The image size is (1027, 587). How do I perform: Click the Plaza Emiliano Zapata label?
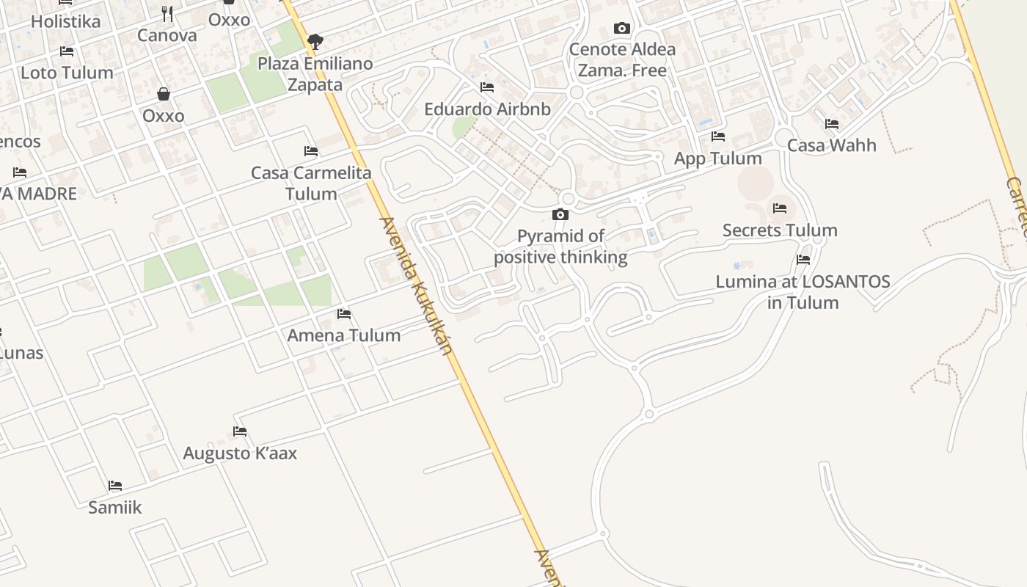pyautogui.click(x=315, y=74)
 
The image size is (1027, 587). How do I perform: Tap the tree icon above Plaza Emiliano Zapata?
pyautogui.click(x=315, y=41)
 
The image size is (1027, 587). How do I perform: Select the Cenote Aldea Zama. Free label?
pyautogui.click(x=622, y=60)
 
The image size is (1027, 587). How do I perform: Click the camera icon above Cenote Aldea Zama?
pyautogui.click(x=622, y=29)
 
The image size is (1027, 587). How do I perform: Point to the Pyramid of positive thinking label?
pyautogui.click(x=560, y=247)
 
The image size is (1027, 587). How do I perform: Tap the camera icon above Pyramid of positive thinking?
pyautogui.click(x=560, y=214)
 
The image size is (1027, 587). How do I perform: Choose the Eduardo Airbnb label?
pyautogui.click(x=487, y=109)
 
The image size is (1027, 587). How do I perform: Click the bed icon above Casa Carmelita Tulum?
pyautogui.click(x=311, y=151)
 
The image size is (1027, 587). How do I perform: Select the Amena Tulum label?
pyautogui.click(x=343, y=335)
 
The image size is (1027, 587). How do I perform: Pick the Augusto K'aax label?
pyautogui.click(x=240, y=453)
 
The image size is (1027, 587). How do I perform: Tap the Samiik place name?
pyautogui.click(x=114, y=507)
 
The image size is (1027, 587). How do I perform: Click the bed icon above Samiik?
pyautogui.click(x=115, y=486)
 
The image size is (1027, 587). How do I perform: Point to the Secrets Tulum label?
pyautogui.click(x=780, y=230)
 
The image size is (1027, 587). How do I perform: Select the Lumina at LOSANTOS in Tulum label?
pyautogui.click(x=803, y=292)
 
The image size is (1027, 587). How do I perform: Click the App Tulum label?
pyautogui.click(x=717, y=158)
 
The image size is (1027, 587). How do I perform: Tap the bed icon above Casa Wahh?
pyautogui.click(x=832, y=124)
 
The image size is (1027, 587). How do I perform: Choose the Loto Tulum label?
pyautogui.click(x=67, y=73)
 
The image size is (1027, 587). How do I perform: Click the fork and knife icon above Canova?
pyautogui.click(x=167, y=14)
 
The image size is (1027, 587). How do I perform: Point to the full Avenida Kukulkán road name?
pyautogui.click(x=416, y=285)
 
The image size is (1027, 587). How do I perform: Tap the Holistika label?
pyautogui.click(x=65, y=21)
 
